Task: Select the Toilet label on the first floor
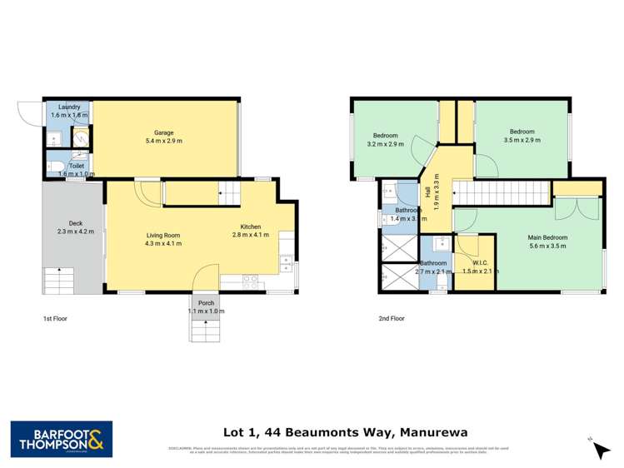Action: point(76,166)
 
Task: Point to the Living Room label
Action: point(162,236)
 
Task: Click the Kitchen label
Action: point(252,227)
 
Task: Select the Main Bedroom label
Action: point(547,237)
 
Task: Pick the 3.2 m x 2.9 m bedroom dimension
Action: point(385,144)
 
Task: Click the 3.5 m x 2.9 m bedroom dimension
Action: point(522,140)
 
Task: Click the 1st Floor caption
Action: point(57,318)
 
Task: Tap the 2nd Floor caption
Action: point(391,318)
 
